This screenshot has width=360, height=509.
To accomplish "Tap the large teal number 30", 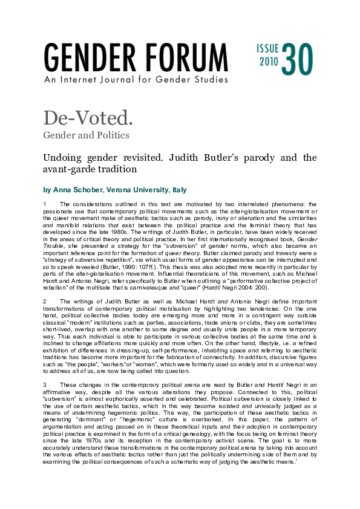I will point(297,59).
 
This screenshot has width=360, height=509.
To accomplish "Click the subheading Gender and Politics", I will point(85,134).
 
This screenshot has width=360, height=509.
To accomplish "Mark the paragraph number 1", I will point(45,204).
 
